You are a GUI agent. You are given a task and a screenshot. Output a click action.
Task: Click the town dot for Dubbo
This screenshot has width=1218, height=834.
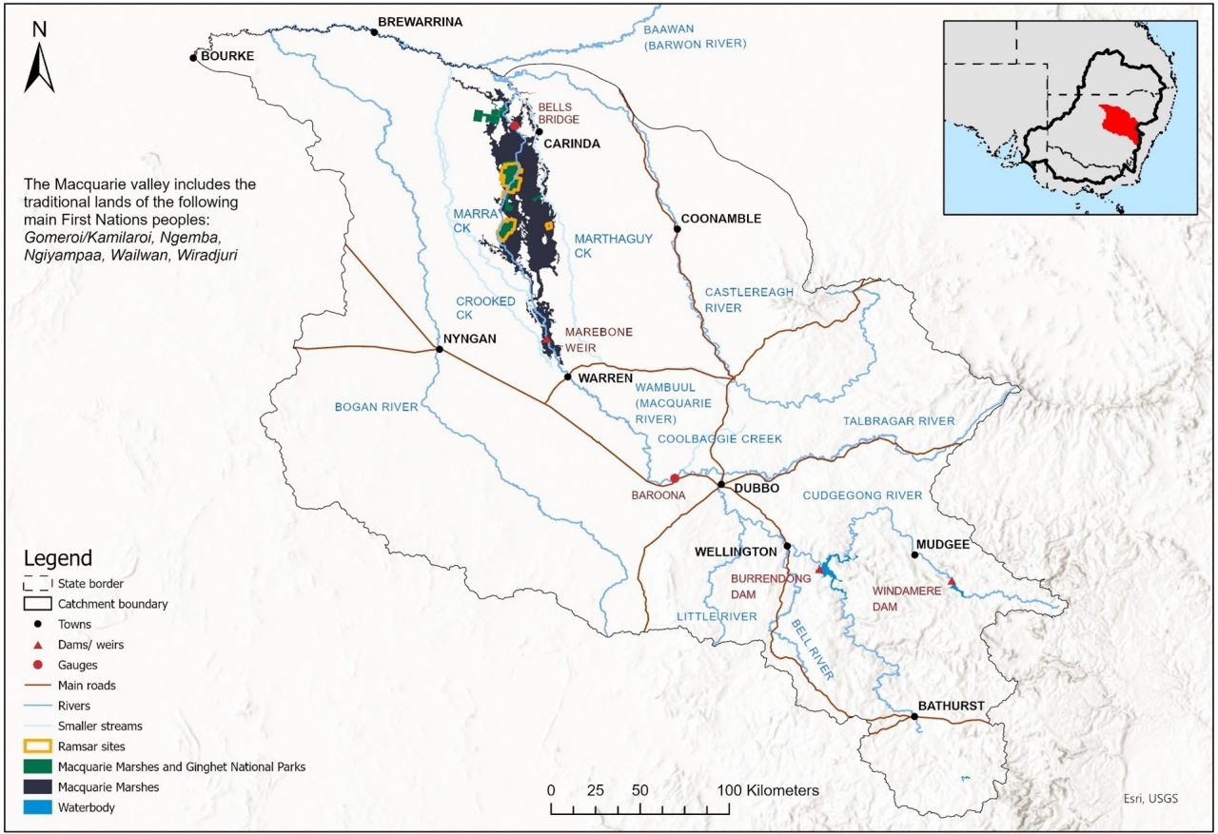coord(721,485)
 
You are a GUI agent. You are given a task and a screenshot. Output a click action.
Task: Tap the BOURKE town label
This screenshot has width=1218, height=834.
coord(227,56)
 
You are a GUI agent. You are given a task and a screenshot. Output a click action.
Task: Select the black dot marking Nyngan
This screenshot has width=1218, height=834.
coord(439,349)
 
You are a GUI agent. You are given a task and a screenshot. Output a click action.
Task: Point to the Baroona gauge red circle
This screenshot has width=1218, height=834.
coord(675,478)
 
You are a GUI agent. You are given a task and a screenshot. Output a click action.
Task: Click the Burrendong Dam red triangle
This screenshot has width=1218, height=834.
coord(820,569)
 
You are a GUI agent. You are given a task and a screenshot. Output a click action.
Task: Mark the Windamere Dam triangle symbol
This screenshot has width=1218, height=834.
coord(951,582)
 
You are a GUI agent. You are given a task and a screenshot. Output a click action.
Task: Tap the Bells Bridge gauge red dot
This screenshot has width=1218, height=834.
coord(515,125)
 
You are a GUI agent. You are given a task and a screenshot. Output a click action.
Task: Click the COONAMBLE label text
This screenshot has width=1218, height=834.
coord(720,219)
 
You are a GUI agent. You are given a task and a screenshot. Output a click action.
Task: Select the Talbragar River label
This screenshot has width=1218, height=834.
coord(898,421)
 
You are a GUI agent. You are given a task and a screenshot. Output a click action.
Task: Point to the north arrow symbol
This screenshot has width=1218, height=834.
coord(39,59)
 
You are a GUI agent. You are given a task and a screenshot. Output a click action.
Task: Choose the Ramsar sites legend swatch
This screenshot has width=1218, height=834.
coord(36,747)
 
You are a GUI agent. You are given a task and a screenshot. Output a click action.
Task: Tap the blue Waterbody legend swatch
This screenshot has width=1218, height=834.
coord(36,807)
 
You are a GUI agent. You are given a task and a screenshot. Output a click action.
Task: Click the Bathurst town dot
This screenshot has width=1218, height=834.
coord(914,717)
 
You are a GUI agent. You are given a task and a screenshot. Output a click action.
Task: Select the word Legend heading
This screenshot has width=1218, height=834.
coord(58,558)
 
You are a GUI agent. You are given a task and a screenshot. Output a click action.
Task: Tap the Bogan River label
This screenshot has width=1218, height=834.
coord(376,407)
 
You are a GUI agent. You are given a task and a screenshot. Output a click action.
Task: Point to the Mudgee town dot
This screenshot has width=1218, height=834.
coord(914,554)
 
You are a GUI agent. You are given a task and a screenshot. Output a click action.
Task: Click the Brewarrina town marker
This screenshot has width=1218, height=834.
coord(374,32)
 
